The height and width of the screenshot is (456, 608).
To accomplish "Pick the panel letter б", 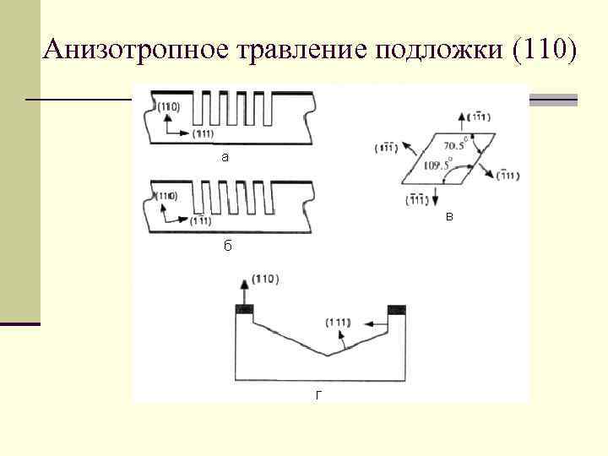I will pos(227,246).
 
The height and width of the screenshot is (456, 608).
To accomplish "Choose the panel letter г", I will pos(318,394).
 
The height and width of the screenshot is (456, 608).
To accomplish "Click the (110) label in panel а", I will pos(168,106).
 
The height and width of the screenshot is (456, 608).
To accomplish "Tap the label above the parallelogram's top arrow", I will pos(478,116).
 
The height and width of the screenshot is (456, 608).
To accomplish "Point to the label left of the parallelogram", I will pos(386,149).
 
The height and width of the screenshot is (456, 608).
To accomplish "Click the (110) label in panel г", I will pos(266,279).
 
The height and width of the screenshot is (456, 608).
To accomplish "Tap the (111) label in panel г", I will pos(339,323).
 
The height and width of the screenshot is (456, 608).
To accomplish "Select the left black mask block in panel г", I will pos(245,308).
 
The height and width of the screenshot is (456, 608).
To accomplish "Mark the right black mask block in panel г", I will pos(397,308).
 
